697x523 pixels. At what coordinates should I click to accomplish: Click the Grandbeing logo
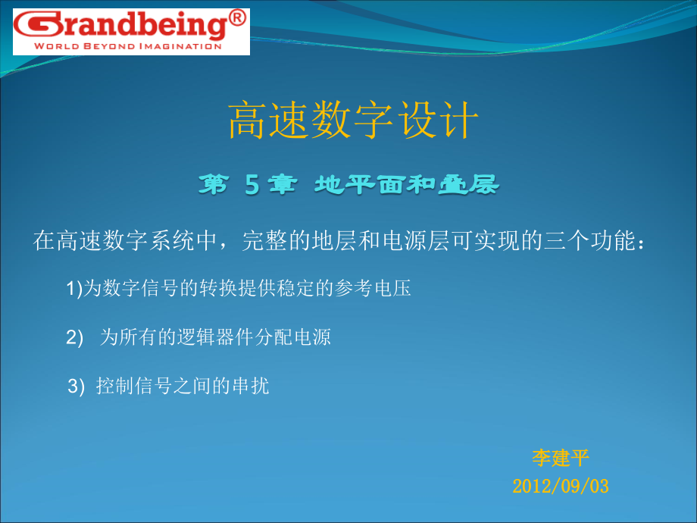click(x=120, y=26)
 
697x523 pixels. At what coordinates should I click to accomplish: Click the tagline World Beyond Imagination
click(x=117, y=46)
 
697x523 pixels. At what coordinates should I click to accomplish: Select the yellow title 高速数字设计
click(x=353, y=121)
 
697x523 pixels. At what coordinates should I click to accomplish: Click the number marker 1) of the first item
click(x=73, y=289)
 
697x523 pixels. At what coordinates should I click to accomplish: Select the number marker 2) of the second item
click(x=74, y=338)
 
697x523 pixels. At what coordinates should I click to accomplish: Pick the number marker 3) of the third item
click(x=77, y=387)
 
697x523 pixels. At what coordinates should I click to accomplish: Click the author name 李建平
click(x=561, y=458)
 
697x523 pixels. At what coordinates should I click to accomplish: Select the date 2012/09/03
click(x=561, y=486)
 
